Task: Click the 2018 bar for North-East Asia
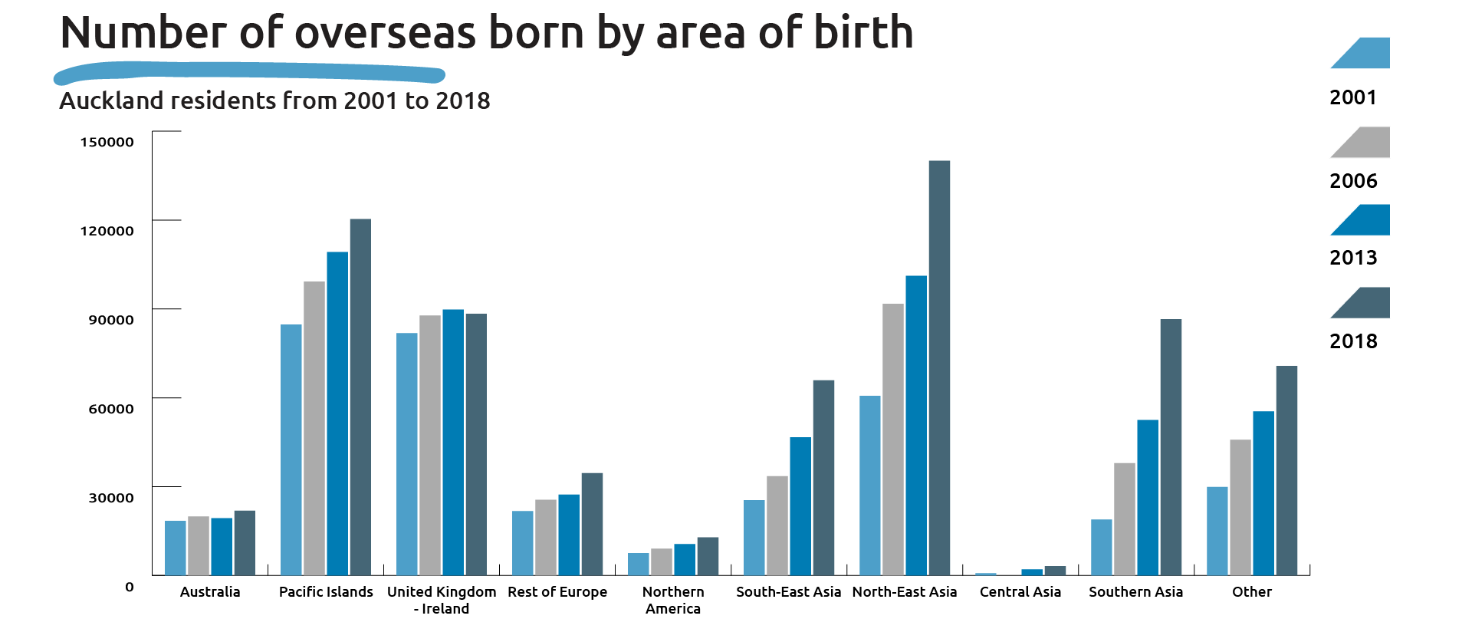939,368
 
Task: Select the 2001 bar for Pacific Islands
291,450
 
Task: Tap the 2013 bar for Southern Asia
1148,498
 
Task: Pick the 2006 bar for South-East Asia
777,526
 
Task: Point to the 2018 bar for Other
1286,471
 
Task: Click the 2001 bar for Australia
176,548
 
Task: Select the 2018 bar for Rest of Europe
592,525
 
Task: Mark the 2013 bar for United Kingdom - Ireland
453,443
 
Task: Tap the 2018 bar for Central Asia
1055,571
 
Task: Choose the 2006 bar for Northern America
662,562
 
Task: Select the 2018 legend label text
1353,341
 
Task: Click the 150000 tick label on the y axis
107,142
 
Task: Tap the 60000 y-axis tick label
111,409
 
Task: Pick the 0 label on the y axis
130,587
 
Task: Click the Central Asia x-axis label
1020,592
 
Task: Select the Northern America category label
673,601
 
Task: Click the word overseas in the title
385,33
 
